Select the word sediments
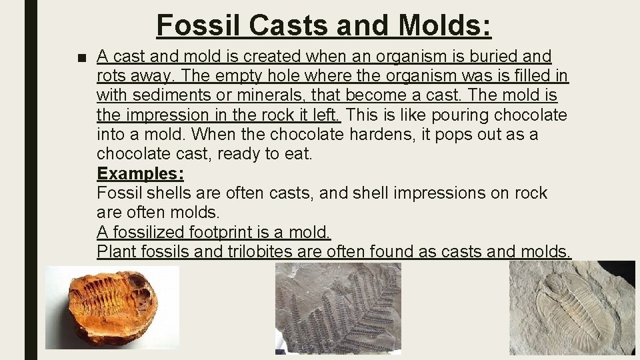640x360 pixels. click(x=182, y=95)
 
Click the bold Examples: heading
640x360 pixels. click(x=140, y=174)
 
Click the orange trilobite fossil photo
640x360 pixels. click(x=112, y=307)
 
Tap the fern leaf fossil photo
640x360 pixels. click(x=338, y=309)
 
